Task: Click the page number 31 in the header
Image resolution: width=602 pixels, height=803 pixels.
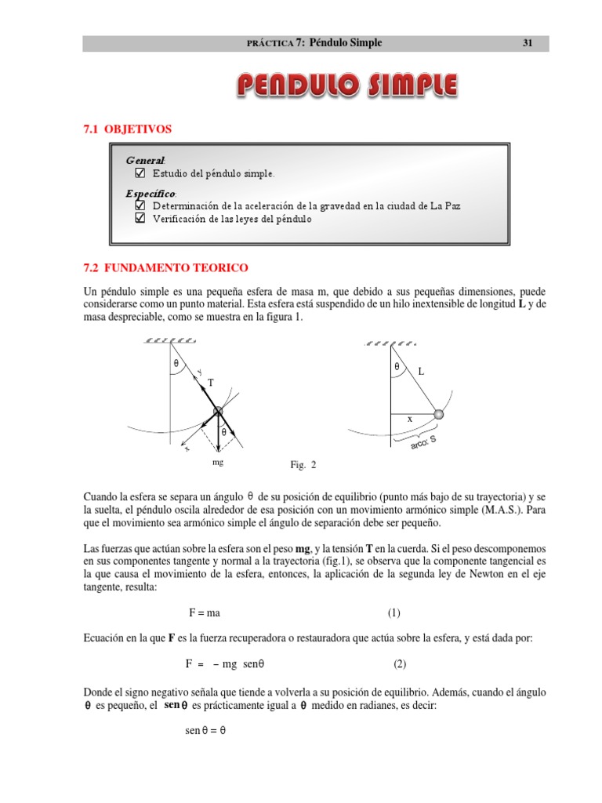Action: (528, 43)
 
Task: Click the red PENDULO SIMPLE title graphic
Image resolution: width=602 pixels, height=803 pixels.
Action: (347, 87)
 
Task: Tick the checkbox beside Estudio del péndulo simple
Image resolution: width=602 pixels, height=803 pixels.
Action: (140, 173)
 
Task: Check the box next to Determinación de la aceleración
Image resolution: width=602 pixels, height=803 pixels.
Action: (140, 205)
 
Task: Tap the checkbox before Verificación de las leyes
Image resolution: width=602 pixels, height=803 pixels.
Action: (140, 219)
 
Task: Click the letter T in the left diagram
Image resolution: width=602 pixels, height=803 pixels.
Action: (210, 383)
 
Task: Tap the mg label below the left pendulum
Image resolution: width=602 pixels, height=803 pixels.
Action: (217, 463)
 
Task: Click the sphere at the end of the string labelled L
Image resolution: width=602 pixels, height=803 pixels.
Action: (439, 414)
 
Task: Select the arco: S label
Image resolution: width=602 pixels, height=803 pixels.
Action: (423, 443)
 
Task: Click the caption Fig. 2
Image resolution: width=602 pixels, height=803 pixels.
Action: (303, 465)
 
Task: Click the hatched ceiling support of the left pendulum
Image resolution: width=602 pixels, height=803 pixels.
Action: (170, 341)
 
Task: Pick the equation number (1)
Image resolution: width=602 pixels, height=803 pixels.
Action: (393, 612)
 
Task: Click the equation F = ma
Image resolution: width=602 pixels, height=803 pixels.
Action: (209, 612)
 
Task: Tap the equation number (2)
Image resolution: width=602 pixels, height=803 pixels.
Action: (400, 663)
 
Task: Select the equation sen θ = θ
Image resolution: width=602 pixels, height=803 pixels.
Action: (205, 729)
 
